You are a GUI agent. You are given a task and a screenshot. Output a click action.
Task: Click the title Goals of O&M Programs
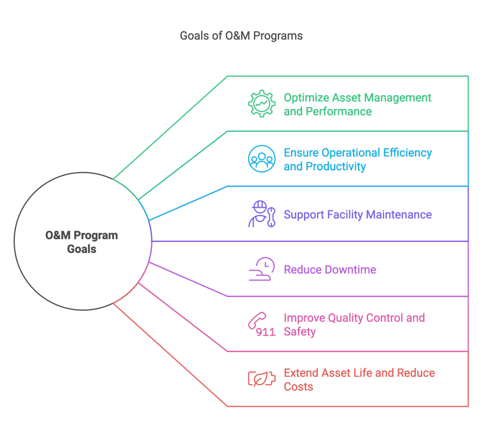(241, 36)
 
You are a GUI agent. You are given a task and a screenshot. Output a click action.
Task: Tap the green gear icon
(262, 104)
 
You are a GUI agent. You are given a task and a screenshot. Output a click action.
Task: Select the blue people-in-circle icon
(262, 159)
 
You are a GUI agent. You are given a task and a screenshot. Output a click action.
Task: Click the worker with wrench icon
(262, 214)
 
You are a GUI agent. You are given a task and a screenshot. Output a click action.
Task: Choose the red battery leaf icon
(262, 379)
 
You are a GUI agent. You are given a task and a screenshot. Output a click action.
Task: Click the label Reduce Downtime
(330, 270)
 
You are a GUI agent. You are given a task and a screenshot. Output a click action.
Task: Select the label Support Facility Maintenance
(358, 215)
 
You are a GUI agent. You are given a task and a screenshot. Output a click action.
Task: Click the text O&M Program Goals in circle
(82, 242)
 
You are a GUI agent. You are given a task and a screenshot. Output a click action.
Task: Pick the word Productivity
(336, 167)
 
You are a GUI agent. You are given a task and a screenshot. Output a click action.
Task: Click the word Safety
(300, 332)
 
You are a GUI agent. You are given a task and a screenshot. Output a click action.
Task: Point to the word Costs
(298, 387)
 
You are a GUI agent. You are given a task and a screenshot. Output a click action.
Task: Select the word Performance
(339, 111)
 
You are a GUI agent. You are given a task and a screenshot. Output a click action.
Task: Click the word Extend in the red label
(301, 373)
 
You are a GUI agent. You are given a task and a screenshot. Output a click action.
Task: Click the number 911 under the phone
(266, 332)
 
